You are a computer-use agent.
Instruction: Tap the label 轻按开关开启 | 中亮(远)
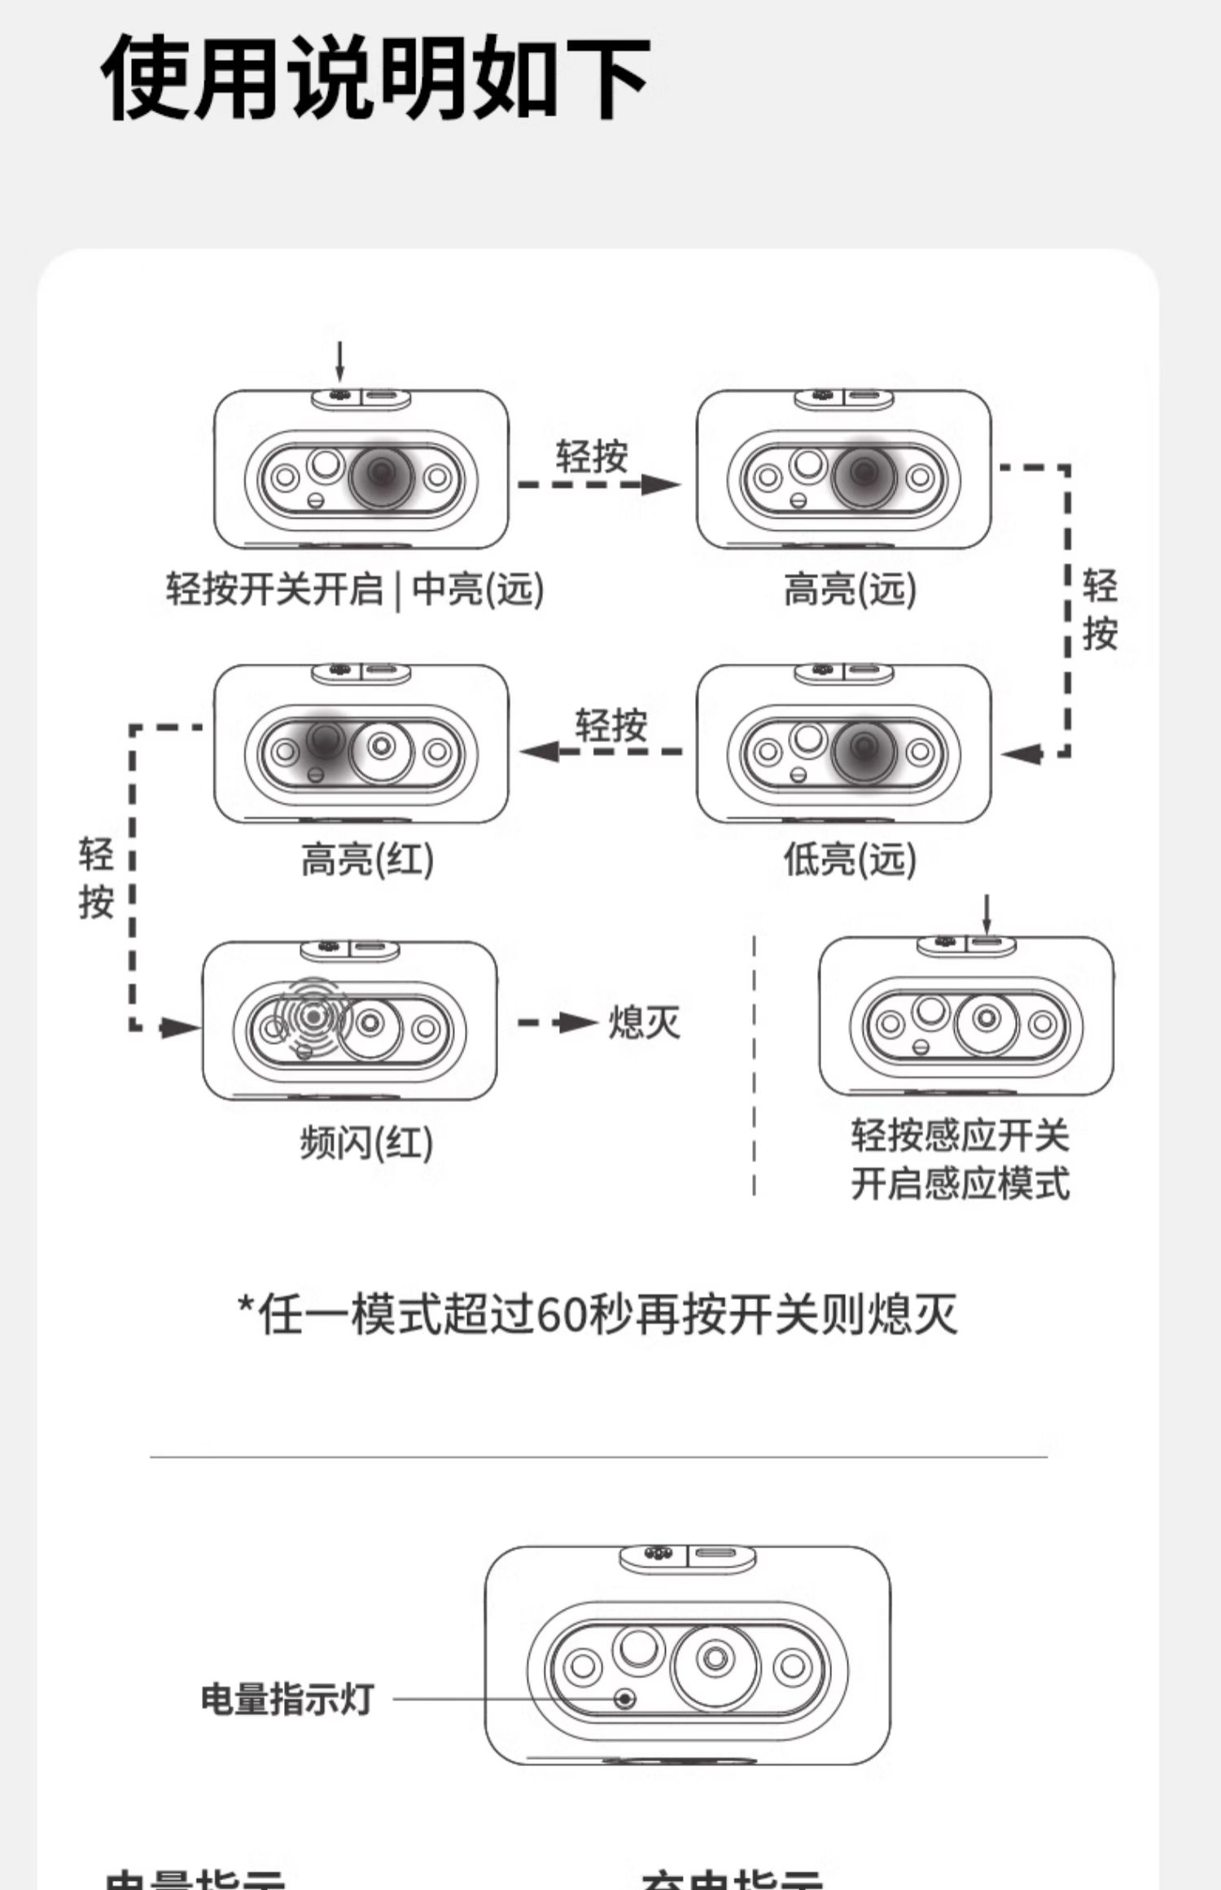(355, 588)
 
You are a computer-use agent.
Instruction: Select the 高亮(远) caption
(849, 588)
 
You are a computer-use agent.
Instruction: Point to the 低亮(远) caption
(849, 859)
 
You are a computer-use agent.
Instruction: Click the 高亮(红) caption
(367, 859)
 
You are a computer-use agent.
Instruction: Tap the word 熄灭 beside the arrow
(644, 1022)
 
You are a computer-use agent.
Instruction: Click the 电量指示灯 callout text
(287, 1700)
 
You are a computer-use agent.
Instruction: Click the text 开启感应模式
(961, 1183)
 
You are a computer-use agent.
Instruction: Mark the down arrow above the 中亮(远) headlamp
(340, 362)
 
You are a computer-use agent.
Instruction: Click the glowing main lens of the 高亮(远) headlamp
(864, 473)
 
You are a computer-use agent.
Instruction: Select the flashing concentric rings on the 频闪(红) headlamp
(313, 1016)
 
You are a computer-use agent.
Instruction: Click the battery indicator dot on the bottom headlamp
(624, 1699)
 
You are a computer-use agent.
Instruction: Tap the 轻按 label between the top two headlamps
(592, 456)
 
